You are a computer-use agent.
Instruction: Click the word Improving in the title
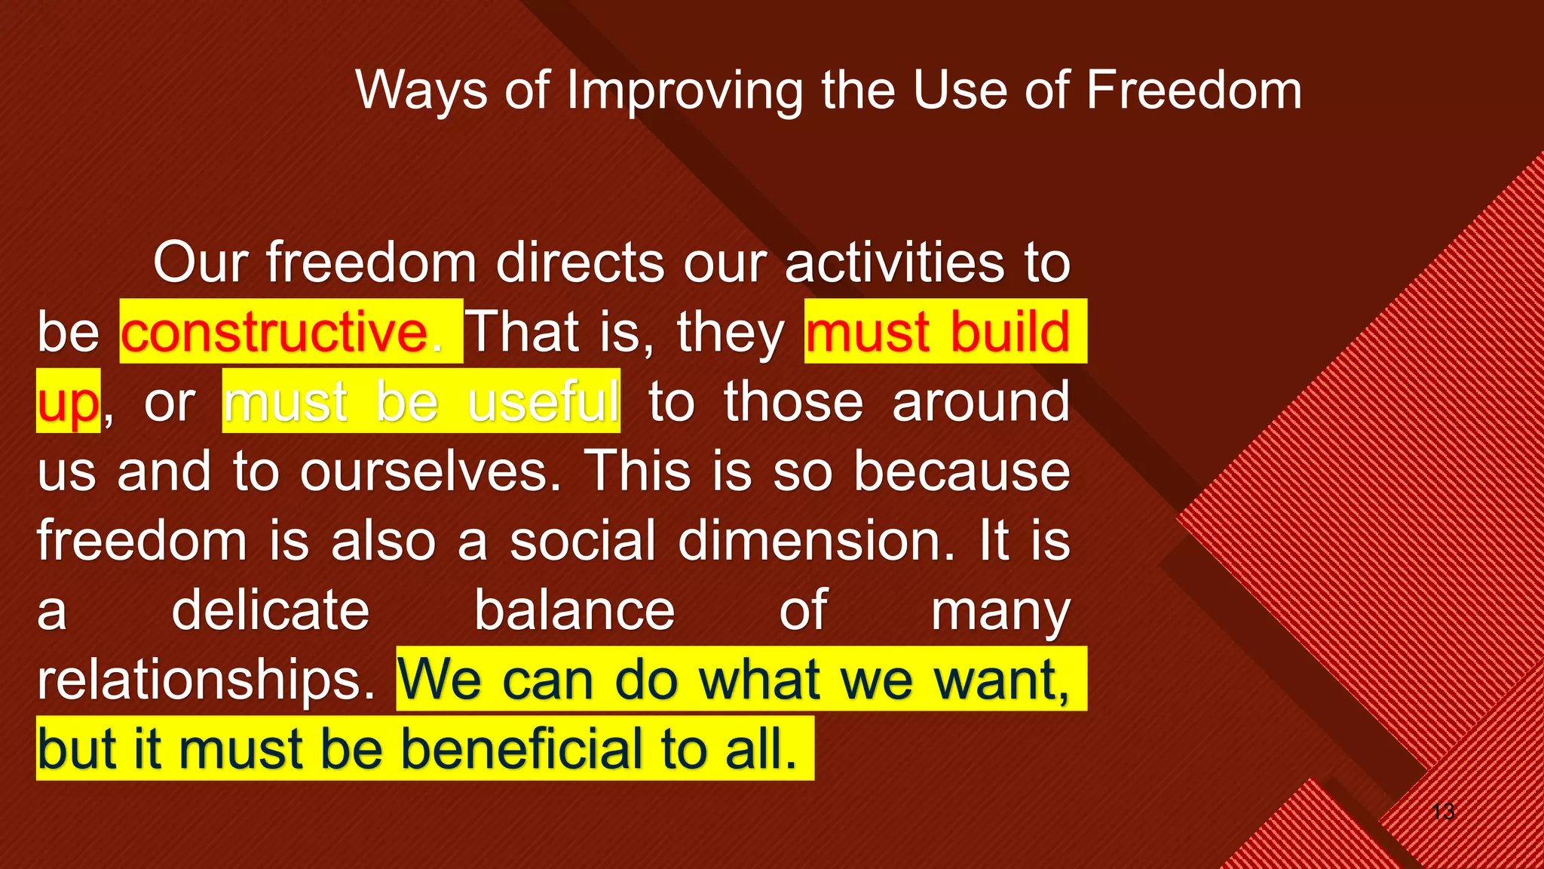[684, 91]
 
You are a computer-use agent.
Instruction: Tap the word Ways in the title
[421, 91]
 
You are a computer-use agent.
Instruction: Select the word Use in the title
[959, 90]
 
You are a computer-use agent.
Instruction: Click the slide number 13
[1443, 812]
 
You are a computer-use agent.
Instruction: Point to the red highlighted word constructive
[274, 332]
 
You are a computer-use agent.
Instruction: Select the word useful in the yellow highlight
[543, 401]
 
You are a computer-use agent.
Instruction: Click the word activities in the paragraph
[894, 263]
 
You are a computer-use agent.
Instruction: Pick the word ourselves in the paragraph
[425, 471]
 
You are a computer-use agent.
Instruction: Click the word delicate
[271, 610]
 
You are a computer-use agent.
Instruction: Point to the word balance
[574, 610]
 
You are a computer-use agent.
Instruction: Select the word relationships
[206, 680]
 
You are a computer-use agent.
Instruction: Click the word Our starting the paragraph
[201, 263]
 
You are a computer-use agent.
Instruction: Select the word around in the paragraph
[981, 401]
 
